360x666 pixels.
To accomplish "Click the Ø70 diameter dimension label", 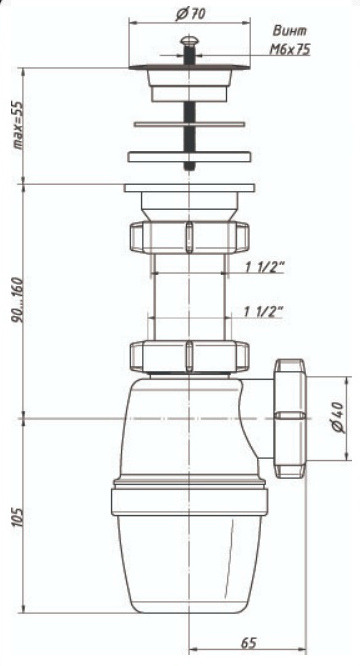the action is pyautogui.click(x=190, y=14).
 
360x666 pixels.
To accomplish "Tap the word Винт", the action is pyautogui.click(x=290, y=31).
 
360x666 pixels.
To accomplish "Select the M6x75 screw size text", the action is pyautogui.click(x=290, y=50).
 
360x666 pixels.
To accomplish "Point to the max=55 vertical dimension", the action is pyautogui.click(x=18, y=125).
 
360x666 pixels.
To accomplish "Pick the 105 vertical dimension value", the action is pyautogui.click(x=18, y=516).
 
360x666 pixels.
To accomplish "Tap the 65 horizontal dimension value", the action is pyautogui.click(x=249, y=643).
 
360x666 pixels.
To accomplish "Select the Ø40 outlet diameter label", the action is pyautogui.click(x=340, y=417).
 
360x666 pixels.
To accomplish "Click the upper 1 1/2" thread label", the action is pyautogui.click(x=264, y=267).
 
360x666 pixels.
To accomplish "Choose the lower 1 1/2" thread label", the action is pyautogui.click(x=264, y=311).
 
